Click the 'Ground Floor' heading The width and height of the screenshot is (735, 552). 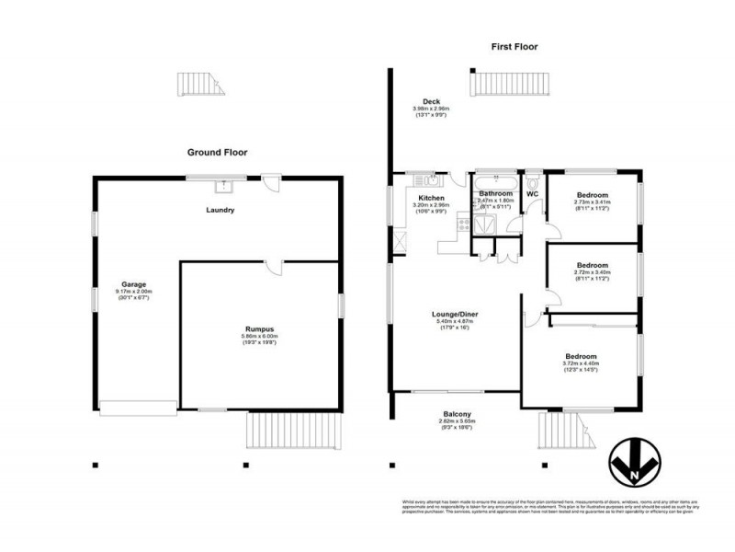pyautogui.click(x=217, y=153)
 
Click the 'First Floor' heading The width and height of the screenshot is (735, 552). pyautogui.click(x=514, y=46)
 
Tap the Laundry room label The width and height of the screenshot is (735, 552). pyautogui.click(x=220, y=210)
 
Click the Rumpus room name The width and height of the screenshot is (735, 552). pyautogui.click(x=261, y=329)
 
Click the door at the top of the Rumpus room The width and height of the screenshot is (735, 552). pyautogui.click(x=273, y=267)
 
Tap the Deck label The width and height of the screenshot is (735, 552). pyautogui.click(x=431, y=101)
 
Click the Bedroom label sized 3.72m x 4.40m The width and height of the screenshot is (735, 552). pyautogui.click(x=581, y=356)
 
